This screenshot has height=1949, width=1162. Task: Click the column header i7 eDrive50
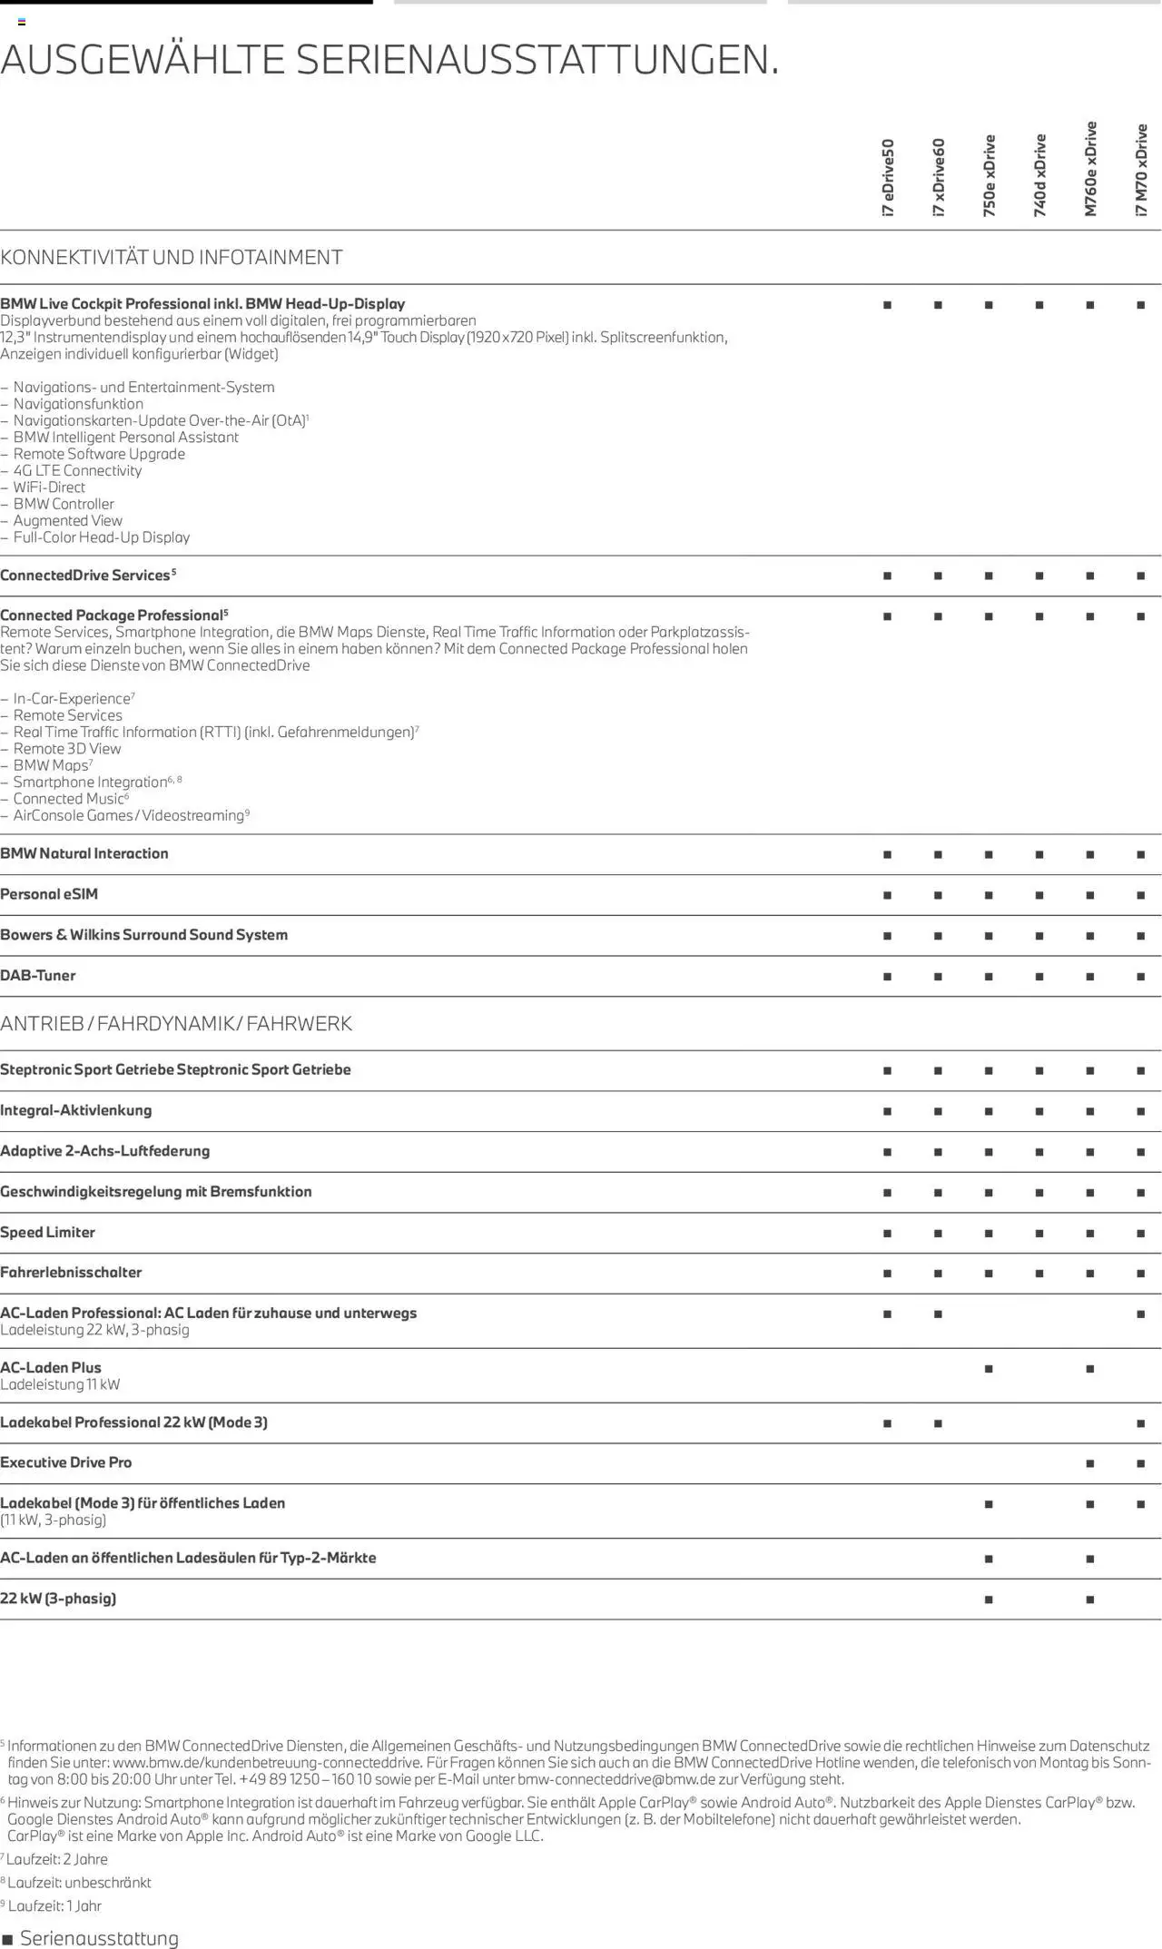[x=888, y=177]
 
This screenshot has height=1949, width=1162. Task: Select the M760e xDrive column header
[x=1090, y=169]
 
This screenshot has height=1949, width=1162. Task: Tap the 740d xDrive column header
[x=1040, y=175]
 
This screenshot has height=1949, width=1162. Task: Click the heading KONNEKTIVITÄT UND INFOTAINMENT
[x=172, y=258]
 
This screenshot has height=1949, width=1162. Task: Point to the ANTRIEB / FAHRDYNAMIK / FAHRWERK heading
[x=176, y=1024]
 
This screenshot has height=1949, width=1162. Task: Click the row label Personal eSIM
[x=49, y=894]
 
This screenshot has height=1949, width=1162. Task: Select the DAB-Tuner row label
[x=38, y=976]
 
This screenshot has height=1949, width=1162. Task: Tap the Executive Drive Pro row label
[x=66, y=1462]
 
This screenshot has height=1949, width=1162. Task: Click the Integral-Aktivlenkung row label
[x=76, y=1110]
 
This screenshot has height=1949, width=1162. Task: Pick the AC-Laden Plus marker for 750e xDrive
[x=989, y=1369]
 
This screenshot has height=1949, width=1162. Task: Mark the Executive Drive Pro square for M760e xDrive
[x=1089, y=1463]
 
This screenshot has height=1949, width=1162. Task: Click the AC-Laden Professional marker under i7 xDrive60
[x=938, y=1314]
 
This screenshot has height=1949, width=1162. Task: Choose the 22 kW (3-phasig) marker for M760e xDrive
[x=1089, y=1600]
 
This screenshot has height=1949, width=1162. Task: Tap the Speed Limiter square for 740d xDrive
[x=1039, y=1233]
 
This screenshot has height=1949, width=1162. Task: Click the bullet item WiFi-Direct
[x=49, y=487]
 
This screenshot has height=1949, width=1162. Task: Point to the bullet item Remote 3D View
[x=67, y=749]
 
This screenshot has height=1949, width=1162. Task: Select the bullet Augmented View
[x=68, y=521]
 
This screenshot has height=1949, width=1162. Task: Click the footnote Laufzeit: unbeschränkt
[x=79, y=1883]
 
